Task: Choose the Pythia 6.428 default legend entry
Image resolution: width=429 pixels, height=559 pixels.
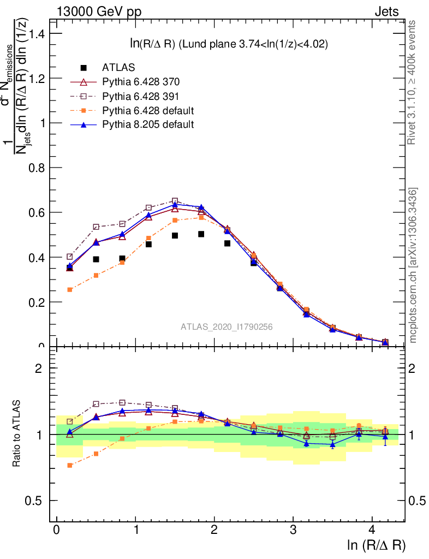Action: (148, 110)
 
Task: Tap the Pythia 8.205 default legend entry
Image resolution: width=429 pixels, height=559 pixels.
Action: (148, 124)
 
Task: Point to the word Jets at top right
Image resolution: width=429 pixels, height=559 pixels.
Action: (386, 11)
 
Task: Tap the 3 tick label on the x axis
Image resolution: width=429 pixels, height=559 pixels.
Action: (293, 531)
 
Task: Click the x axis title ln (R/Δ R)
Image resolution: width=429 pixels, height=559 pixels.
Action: (377, 545)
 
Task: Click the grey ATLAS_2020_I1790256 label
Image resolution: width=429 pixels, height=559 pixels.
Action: (227, 327)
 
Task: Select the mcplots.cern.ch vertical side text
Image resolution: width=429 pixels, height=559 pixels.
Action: (414, 265)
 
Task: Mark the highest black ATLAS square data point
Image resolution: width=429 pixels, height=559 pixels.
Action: (201, 234)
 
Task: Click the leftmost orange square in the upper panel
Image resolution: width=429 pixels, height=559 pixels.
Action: (70, 289)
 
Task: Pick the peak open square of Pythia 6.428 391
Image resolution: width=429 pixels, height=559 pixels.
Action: (175, 201)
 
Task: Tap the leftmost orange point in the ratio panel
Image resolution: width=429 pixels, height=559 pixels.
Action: (70, 465)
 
